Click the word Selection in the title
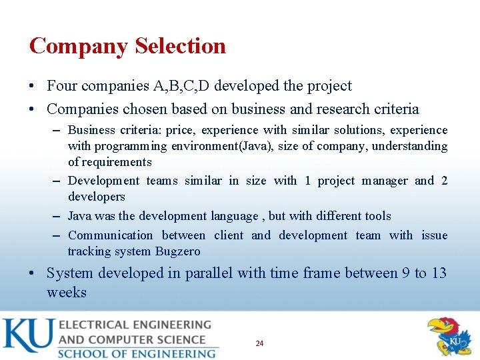[x=180, y=46]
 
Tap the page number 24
[x=259, y=343]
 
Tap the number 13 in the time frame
[x=439, y=273]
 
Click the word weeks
[x=66, y=292]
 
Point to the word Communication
[x=110, y=235]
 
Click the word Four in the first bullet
[x=62, y=85]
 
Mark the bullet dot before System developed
[x=33, y=273]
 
